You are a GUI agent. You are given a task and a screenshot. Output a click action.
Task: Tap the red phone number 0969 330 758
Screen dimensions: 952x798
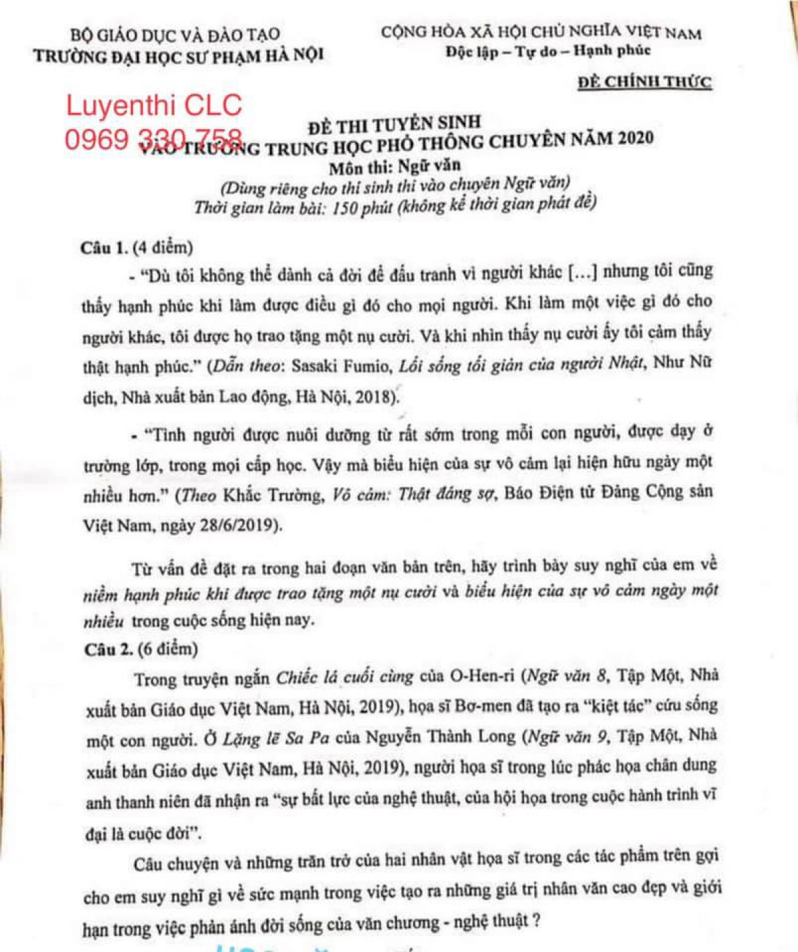pos(153,140)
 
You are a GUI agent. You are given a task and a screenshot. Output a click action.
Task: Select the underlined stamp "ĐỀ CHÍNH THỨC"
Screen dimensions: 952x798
pos(644,82)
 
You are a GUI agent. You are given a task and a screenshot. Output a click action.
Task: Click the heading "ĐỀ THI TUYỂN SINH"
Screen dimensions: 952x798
pos(394,124)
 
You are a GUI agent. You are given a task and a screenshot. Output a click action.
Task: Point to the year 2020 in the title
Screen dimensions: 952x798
pos(635,138)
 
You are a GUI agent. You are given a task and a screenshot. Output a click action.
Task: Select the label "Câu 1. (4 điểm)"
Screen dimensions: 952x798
pos(136,248)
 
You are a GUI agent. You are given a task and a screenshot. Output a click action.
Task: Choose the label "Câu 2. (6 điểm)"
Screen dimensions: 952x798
pos(141,649)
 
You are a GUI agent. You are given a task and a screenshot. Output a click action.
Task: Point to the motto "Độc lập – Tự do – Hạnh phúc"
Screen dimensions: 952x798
pos(549,51)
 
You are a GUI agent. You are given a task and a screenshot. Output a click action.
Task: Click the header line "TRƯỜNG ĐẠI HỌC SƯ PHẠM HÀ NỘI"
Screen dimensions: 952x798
pos(179,55)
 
